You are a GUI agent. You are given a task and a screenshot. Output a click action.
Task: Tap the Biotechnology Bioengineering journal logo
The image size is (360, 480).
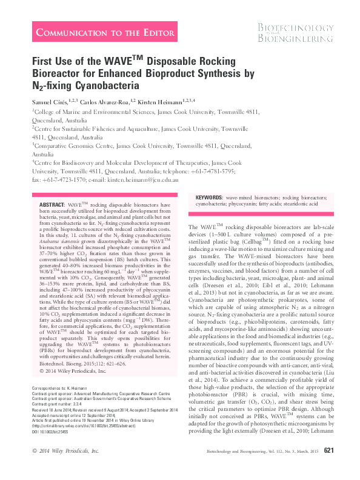pyautogui.click(x=295, y=33)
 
